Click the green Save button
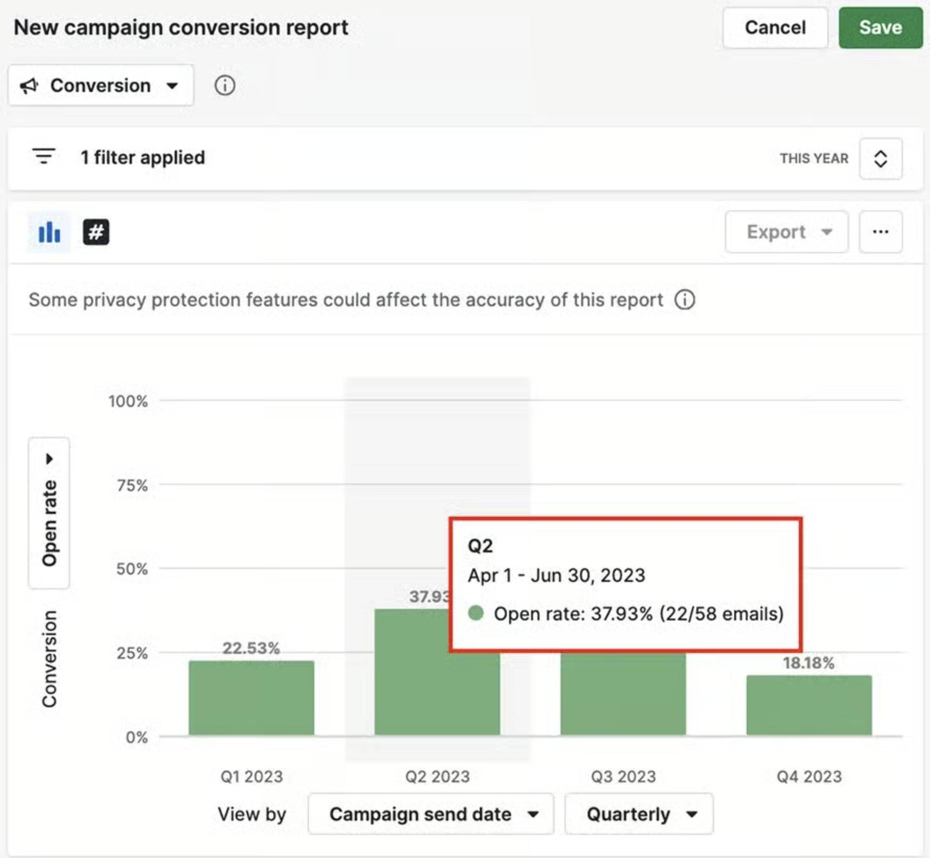pos(880,28)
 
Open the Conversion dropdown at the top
pos(101,85)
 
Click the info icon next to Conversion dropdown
pos(225,85)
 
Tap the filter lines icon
pos(43,156)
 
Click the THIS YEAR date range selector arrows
pos(880,159)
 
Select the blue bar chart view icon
pos(49,232)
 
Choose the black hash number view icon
pos(96,232)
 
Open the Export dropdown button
pos(787,232)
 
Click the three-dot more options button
pos(880,232)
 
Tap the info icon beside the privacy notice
pos(684,300)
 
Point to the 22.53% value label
pos(251,648)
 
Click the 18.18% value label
pos(809,663)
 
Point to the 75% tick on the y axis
pos(132,485)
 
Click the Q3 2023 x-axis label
pos(623,776)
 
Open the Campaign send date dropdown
pos(430,814)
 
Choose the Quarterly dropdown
pos(639,814)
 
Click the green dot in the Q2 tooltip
pos(475,613)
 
